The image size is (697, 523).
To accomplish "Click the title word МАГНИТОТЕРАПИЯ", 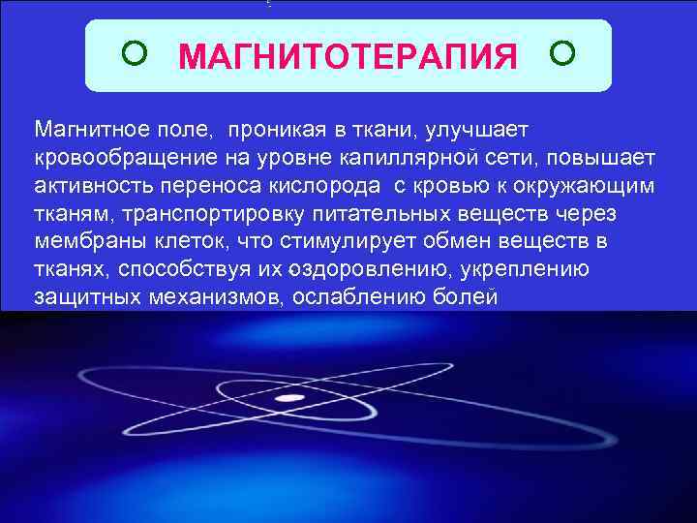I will point(348,57).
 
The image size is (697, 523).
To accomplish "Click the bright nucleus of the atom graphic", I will point(288,398).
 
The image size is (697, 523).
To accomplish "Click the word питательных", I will point(385,213).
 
